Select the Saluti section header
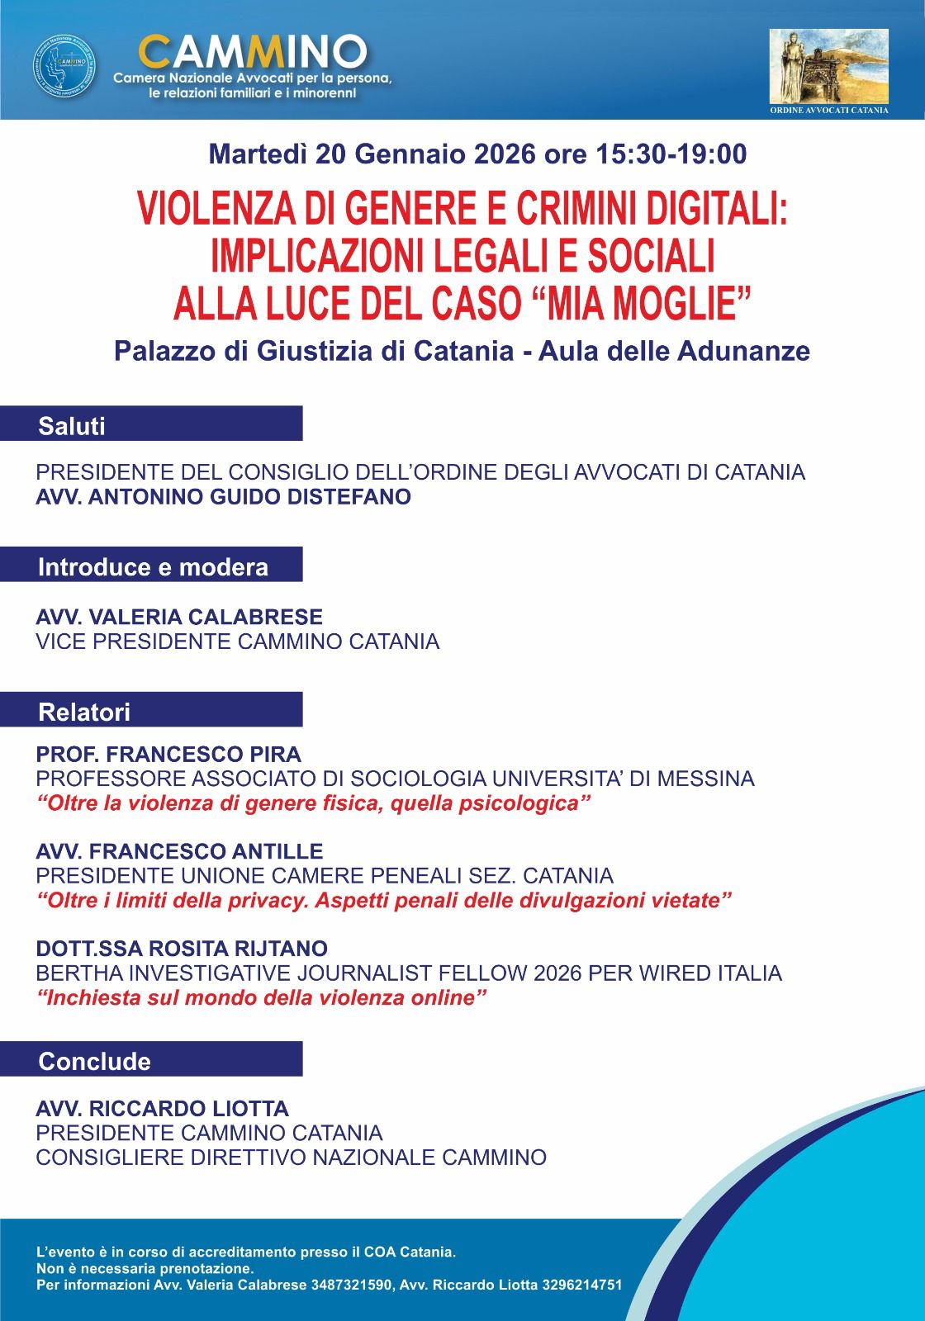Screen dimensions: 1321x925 [72, 426]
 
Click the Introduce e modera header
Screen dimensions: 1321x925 [153, 567]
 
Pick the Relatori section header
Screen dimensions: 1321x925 [84, 712]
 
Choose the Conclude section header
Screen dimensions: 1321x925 [95, 1061]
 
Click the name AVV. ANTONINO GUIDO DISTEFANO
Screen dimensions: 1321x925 [223, 497]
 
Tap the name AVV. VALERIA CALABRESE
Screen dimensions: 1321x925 [179, 617]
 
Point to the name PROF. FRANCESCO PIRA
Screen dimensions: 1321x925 [168, 755]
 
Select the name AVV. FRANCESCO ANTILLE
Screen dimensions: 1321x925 [179, 851]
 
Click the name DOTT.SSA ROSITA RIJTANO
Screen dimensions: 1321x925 [182, 948]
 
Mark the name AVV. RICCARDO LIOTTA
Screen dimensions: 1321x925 [162, 1108]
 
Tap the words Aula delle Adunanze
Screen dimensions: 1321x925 [674, 352]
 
